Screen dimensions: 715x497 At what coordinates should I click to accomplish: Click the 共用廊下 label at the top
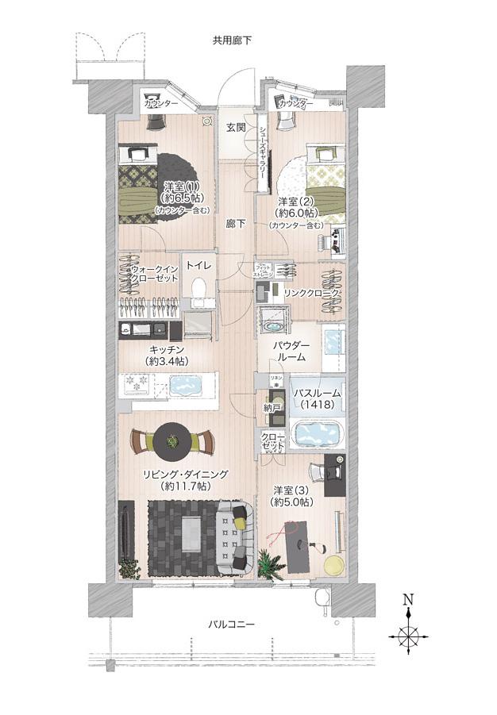coord(232,40)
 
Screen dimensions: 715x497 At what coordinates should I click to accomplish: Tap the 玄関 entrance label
coord(234,127)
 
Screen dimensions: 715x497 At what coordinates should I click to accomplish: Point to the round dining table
coord(172,441)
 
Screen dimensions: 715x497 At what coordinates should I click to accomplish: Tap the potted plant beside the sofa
coord(271,564)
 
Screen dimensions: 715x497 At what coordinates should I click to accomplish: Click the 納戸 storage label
coord(272,408)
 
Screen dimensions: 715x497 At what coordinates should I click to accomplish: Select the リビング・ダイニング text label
coord(185,479)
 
